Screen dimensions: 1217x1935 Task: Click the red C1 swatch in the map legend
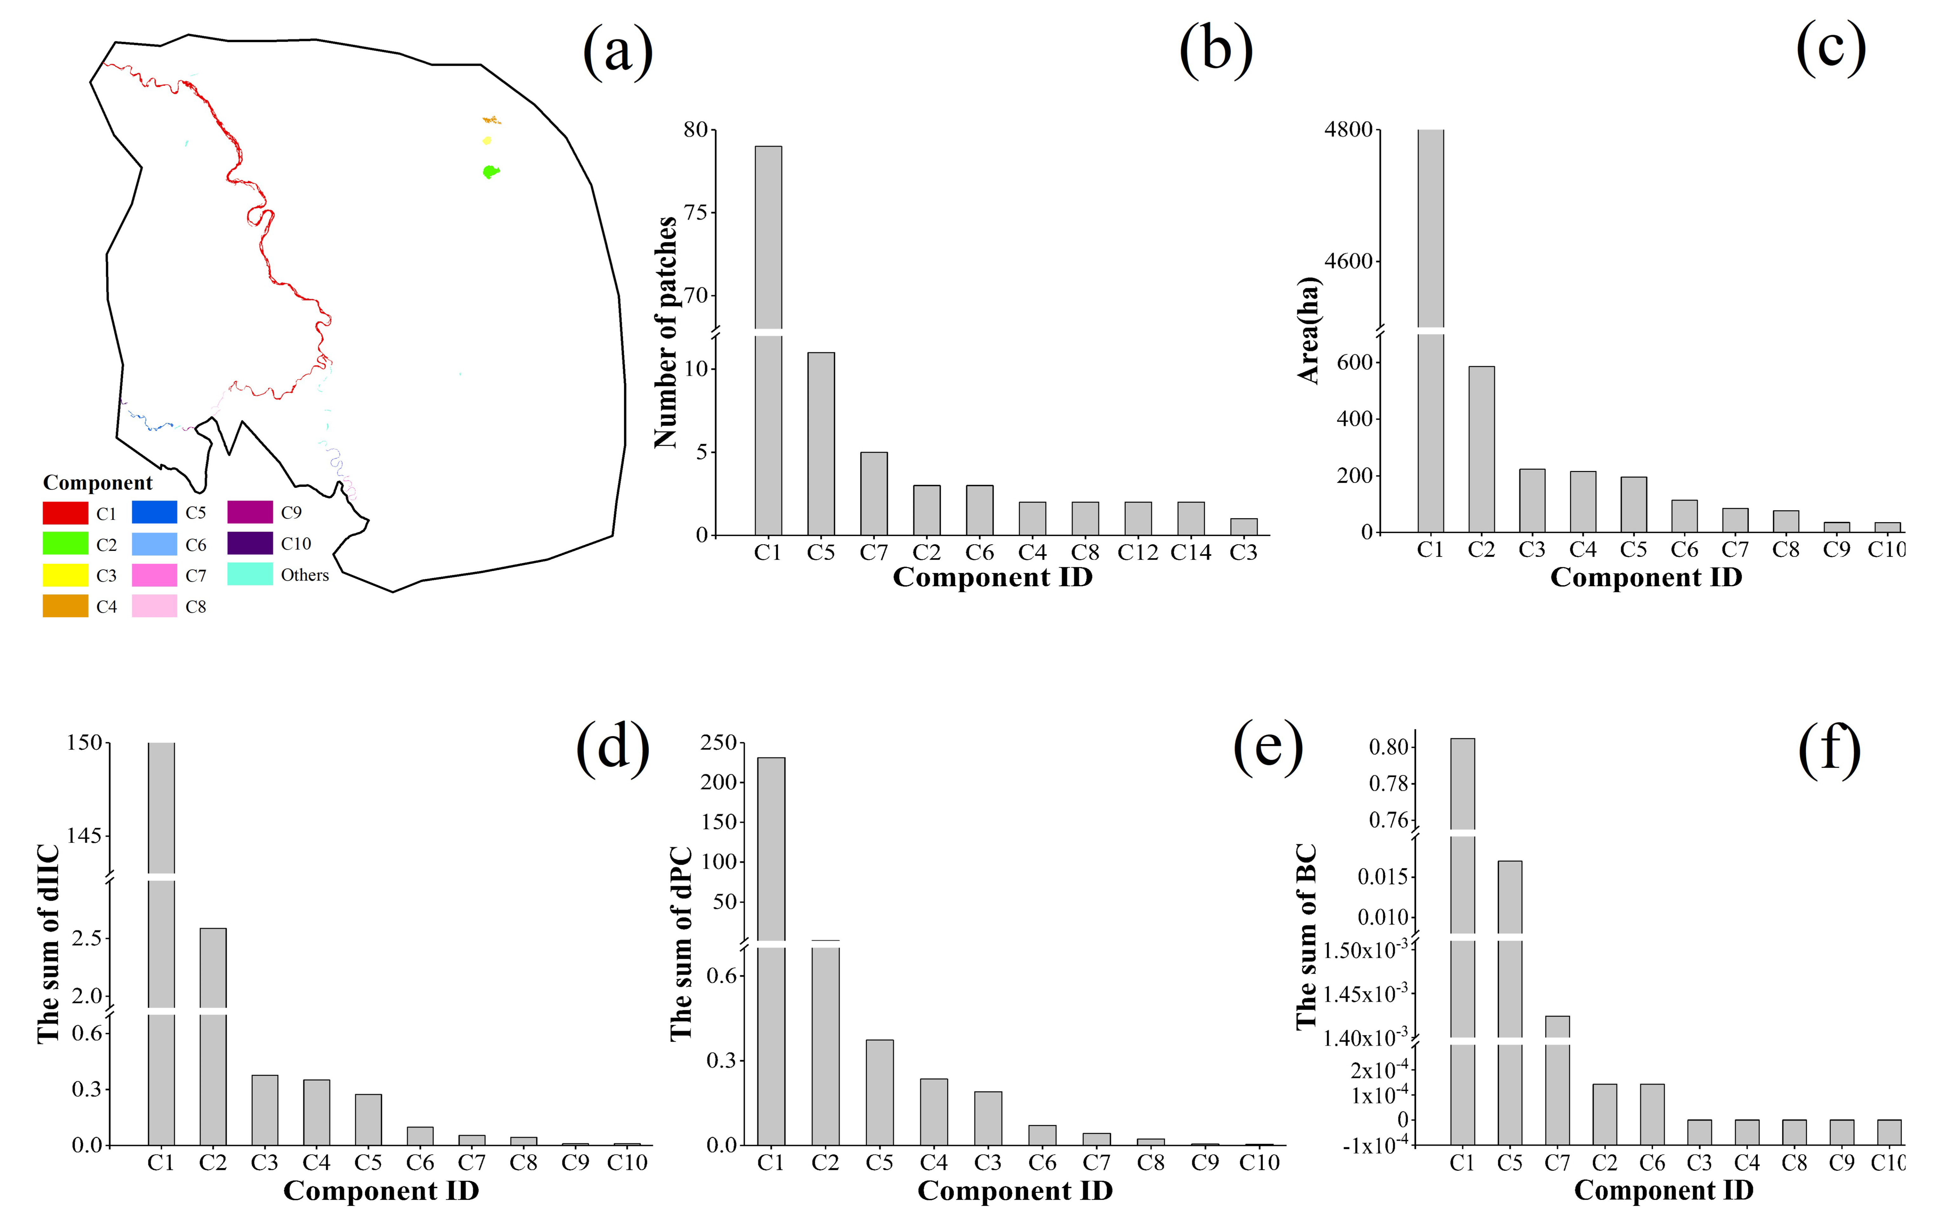pos(65,513)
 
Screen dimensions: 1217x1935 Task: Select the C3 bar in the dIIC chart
pos(264,1109)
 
